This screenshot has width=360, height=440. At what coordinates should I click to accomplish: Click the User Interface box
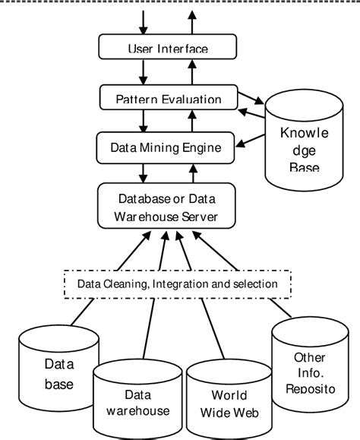click(x=166, y=49)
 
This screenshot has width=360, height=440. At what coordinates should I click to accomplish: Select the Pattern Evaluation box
click(x=169, y=99)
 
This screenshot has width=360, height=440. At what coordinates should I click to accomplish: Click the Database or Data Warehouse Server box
click(x=166, y=207)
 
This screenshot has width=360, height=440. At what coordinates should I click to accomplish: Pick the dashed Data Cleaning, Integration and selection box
click(x=176, y=283)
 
